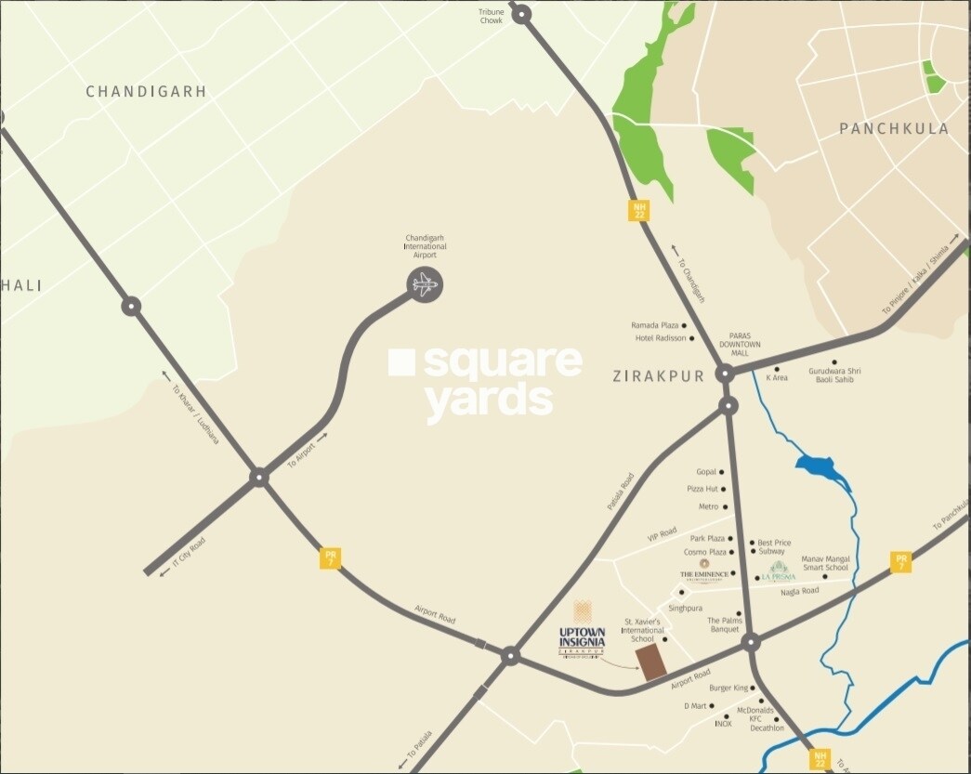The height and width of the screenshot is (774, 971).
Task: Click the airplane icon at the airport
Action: [425, 284]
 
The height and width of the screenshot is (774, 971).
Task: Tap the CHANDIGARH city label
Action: [146, 92]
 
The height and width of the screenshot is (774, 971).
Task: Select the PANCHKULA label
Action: [894, 128]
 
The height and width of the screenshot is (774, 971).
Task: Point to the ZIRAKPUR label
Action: [659, 376]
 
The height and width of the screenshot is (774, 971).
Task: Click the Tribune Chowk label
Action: [492, 16]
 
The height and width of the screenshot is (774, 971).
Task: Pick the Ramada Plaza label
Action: [656, 325]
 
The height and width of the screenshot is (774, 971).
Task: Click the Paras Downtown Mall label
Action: [744, 345]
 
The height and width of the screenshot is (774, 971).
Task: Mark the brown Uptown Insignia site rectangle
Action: [651, 662]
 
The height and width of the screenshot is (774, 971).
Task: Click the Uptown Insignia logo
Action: [583, 632]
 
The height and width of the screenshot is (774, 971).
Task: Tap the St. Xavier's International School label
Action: [642, 629]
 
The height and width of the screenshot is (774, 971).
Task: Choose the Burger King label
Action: [728, 688]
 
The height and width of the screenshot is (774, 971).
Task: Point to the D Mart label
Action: [696, 706]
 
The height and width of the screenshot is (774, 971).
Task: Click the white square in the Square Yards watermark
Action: [401, 362]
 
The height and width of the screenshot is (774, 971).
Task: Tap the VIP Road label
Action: [663, 538]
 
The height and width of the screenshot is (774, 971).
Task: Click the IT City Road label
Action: [190, 555]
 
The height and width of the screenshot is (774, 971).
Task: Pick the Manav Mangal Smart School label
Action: [825, 562]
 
